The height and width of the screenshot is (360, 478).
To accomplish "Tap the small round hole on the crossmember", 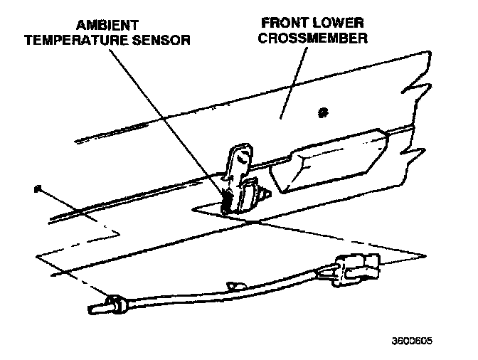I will click(x=324, y=112).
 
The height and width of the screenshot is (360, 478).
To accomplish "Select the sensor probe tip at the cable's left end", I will click(x=96, y=309).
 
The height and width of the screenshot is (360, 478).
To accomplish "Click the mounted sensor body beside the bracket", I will click(x=249, y=196).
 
